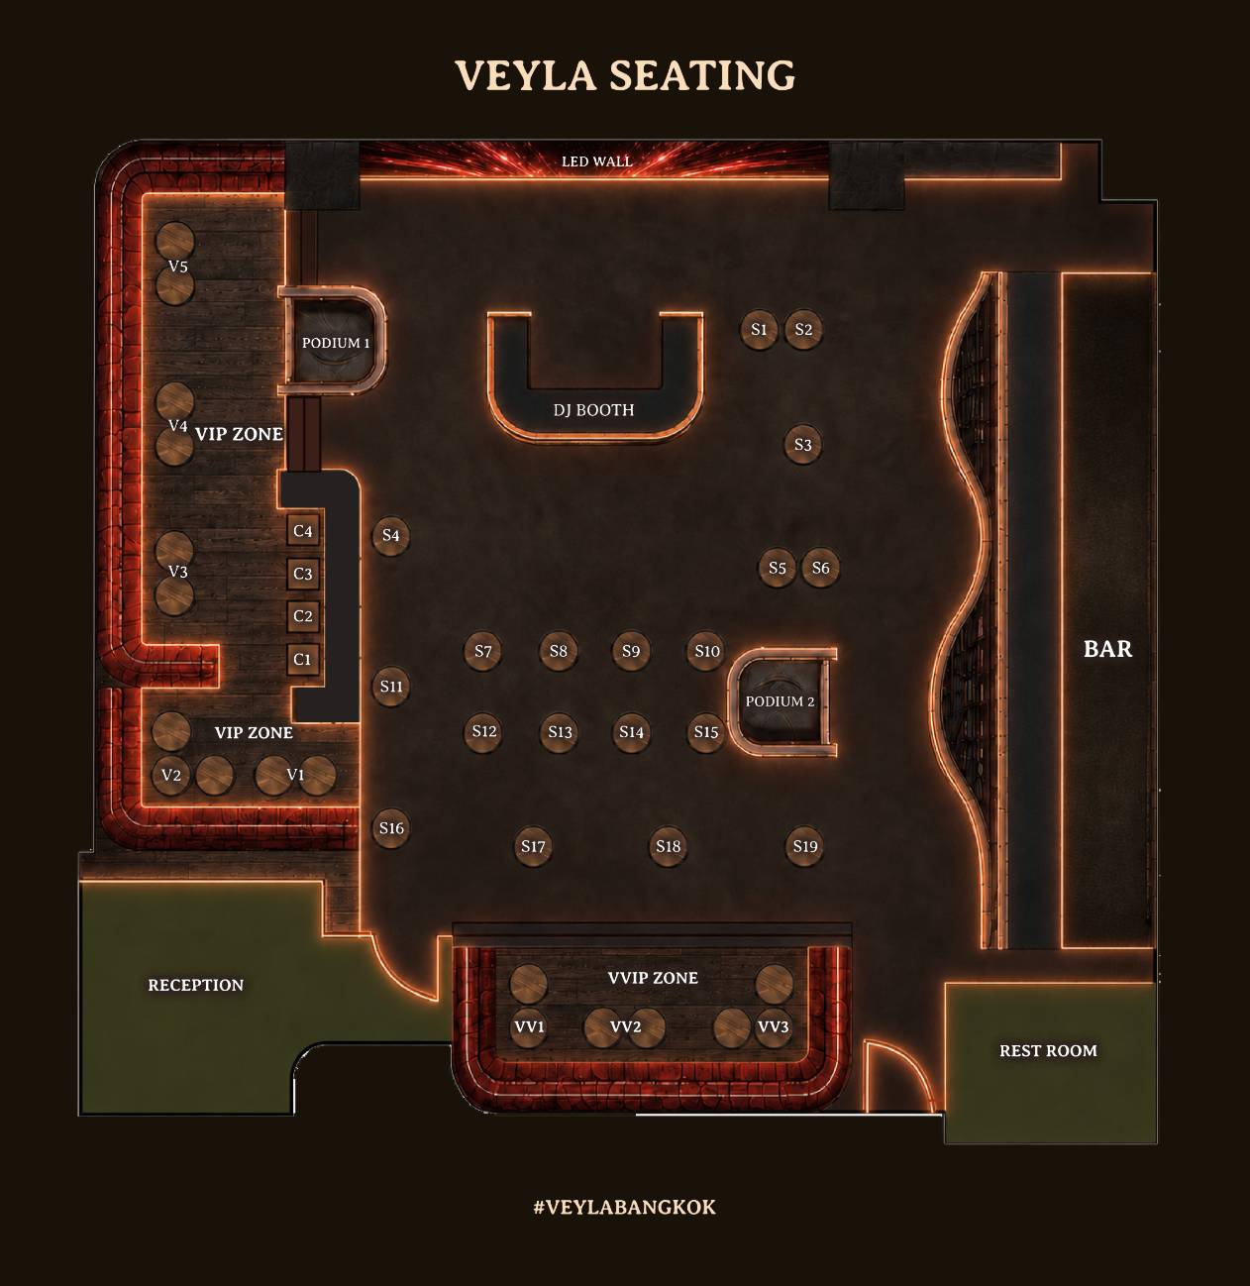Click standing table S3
point(802,444)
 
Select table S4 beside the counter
point(390,535)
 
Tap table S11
point(390,686)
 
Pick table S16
point(390,828)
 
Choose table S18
point(668,846)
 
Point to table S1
point(759,329)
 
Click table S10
point(706,651)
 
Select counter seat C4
point(302,531)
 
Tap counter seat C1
point(302,659)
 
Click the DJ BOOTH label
point(594,410)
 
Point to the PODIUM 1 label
point(336,343)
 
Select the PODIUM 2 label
point(781,701)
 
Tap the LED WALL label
point(596,161)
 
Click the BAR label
point(1108,649)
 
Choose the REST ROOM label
point(1048,1051)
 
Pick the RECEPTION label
point(195,986)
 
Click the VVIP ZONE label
point(653,978)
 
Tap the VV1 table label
point(529,1026)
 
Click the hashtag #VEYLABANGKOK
point(624,1207)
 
